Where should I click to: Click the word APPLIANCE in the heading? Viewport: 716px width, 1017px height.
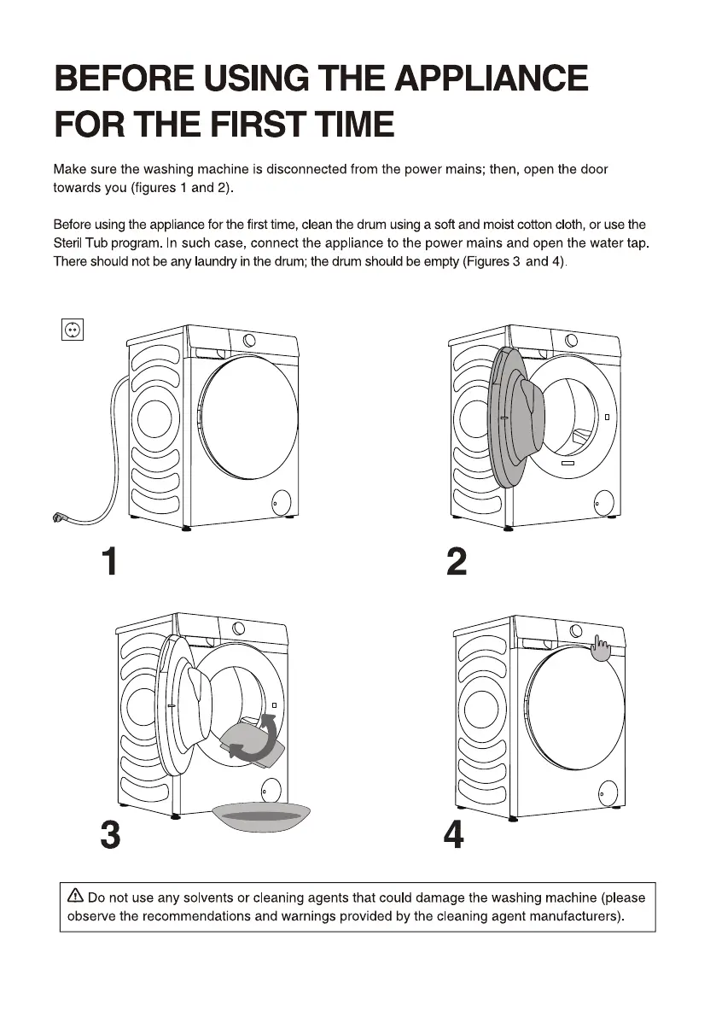click(x=491, y=79)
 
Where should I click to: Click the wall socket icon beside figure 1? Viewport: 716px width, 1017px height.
click(x=72, y=330)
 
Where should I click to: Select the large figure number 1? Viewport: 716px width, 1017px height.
click(x=109, y=561)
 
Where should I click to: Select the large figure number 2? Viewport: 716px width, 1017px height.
click(x=457, y=561)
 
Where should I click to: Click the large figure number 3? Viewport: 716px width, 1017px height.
click(x=111, y=835)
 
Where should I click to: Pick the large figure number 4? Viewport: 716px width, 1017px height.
click(x=453, y=835)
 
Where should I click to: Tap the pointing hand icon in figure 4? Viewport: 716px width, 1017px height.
click(x=601, y=647)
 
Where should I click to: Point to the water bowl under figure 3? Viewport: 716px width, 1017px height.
click(x=261, y=816)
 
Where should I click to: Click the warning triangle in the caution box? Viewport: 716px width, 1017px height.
click(x=76, y=896)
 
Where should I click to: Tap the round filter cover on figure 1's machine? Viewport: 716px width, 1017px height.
click(x=282, y=501)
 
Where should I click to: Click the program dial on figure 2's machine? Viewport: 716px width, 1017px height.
click(x=572, y=340)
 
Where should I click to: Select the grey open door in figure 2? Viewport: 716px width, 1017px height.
click(x=516, y=417)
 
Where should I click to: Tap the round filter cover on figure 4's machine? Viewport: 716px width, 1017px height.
click(x=608, y=792)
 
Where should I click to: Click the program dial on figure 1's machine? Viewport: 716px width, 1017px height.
click(x=249, y=340)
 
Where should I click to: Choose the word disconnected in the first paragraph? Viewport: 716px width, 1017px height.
click(x=306, y=169)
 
